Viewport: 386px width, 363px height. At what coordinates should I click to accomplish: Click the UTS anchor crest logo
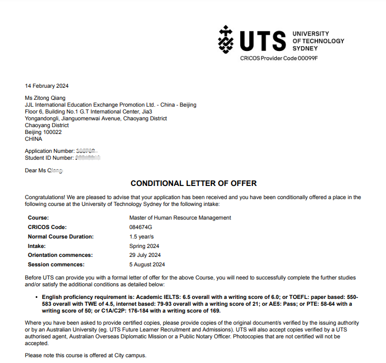click(x=226, y=39)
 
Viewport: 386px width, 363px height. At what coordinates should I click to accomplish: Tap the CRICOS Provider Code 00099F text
click(x=279, y=58)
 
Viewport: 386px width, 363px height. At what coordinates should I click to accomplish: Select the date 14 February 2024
click(x=47, y=86)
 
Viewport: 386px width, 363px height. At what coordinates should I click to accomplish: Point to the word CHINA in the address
click(x=34, y=139)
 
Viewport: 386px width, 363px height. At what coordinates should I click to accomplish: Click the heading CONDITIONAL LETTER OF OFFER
click(x=194, y=183)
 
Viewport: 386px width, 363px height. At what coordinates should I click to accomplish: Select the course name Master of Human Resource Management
click(x=180, y=217)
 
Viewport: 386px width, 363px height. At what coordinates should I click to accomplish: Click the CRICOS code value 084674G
click(x=140, y=227)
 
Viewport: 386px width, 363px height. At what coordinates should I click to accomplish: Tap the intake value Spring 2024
click(x=144, y=246)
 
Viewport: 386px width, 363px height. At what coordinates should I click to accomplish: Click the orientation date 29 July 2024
click(x=145, y=255)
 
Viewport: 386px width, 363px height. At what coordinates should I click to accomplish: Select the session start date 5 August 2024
click(x=147, y=264)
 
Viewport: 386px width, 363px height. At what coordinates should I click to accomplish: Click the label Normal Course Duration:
click(x=60, y=236)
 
